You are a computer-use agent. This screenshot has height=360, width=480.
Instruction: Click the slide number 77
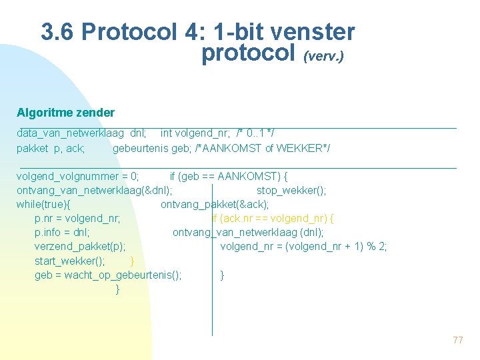tap(457, 340)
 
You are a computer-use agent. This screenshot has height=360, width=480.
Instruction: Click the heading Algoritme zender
tap(65, 113)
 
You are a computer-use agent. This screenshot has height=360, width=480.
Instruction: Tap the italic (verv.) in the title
tap(323, 57)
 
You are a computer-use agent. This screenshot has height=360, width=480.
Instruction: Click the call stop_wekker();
tap(291, 190)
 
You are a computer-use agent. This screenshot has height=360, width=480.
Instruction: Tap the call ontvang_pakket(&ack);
tap(215, 204)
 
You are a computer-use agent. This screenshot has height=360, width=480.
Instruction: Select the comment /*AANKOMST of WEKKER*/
tap(262, 148)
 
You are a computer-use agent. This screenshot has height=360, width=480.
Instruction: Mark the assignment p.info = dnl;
tap(63, 232)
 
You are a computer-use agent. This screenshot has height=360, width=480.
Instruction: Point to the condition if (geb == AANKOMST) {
tap(229, 176)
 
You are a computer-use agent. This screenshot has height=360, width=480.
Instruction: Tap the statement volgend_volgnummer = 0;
tap(78, 176)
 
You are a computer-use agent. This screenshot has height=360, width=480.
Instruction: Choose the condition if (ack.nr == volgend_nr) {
tap(273, 218)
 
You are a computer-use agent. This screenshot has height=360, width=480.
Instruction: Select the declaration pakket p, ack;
tap(51, 148)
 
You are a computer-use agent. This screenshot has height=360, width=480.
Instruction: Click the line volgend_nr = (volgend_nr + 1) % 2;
tap(303, 246)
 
